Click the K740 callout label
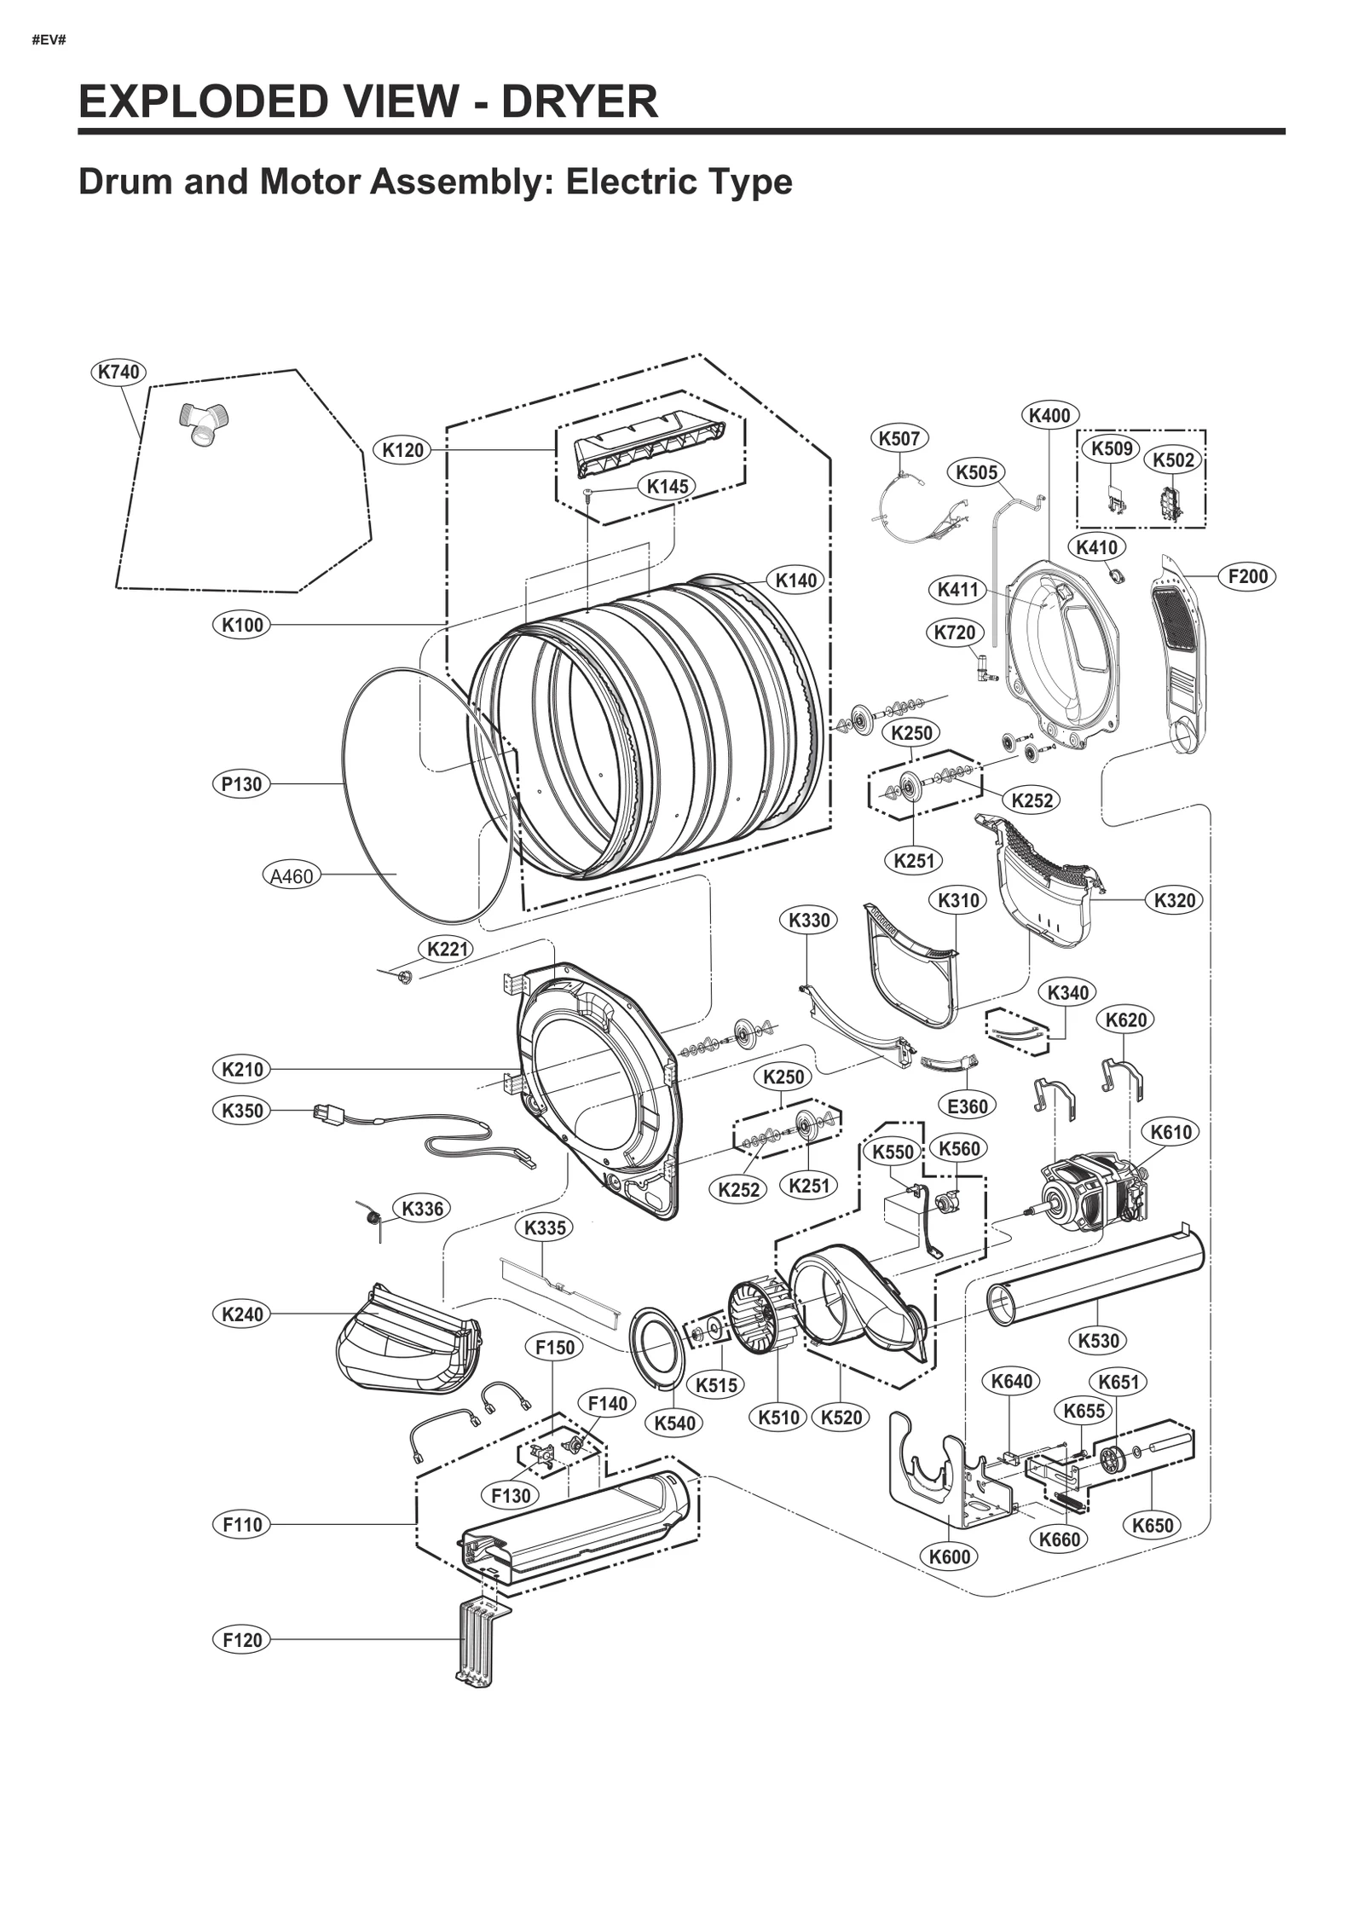(118, 372)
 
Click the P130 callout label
(241, 783)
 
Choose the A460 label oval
(292, 875)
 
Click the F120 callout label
(242, 1639)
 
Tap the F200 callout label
(1247, 576)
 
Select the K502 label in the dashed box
(1173, 460)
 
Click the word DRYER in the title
(579, 101)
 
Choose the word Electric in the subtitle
(619, 182)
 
